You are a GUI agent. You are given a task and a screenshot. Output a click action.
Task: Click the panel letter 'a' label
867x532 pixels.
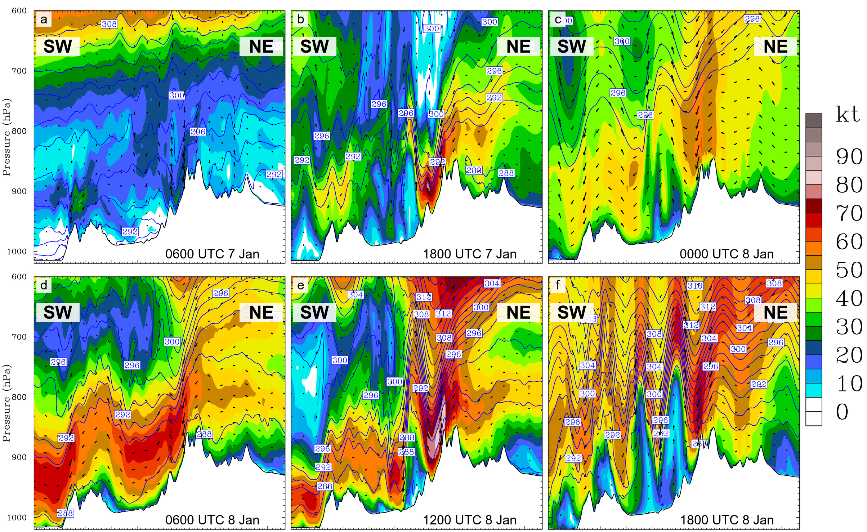tap(44, 19)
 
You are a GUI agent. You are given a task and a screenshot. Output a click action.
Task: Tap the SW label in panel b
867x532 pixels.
tap(314, 46)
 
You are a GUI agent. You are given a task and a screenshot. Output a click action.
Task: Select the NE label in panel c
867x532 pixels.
tap(775, 46)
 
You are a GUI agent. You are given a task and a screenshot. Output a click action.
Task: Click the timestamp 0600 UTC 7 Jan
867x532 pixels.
tap(212, 254)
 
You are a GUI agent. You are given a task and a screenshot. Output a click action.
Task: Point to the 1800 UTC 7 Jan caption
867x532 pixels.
tap(469, 254)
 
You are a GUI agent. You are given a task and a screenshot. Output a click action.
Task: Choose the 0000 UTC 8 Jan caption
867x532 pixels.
tap(727, 254)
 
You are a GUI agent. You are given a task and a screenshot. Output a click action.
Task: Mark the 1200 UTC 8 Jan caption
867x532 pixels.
tap(469, 520)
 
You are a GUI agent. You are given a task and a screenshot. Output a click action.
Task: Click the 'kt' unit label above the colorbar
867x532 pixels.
tap(848, 115)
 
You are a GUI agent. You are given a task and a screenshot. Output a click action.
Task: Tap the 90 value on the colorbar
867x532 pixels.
tap(849, 156)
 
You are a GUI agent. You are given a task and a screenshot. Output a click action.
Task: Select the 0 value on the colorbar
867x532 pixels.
tap(842, 412)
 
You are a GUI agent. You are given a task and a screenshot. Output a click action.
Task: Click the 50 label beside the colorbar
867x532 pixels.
tap(849, 270)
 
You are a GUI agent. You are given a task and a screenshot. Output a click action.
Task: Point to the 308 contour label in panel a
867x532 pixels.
tap(109, 24)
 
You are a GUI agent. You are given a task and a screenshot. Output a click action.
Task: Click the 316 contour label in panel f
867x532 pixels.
tap(695, 286)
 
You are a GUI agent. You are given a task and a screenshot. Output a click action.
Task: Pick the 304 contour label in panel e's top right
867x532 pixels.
tap(492, 283)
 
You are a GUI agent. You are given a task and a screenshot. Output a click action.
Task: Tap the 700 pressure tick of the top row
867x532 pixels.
tap(19, 71)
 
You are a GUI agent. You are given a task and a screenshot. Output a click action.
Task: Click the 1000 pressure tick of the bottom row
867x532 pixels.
tap(17, 518)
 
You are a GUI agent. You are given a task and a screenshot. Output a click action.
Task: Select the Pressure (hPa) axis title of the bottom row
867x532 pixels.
tap(6, 403)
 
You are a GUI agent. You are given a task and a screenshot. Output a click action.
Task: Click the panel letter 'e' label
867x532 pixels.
tap(300, 285)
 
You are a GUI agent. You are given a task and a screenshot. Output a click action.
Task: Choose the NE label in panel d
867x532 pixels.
tap(261, 312)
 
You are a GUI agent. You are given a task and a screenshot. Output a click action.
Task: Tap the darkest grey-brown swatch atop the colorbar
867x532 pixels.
tap(814, 121)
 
